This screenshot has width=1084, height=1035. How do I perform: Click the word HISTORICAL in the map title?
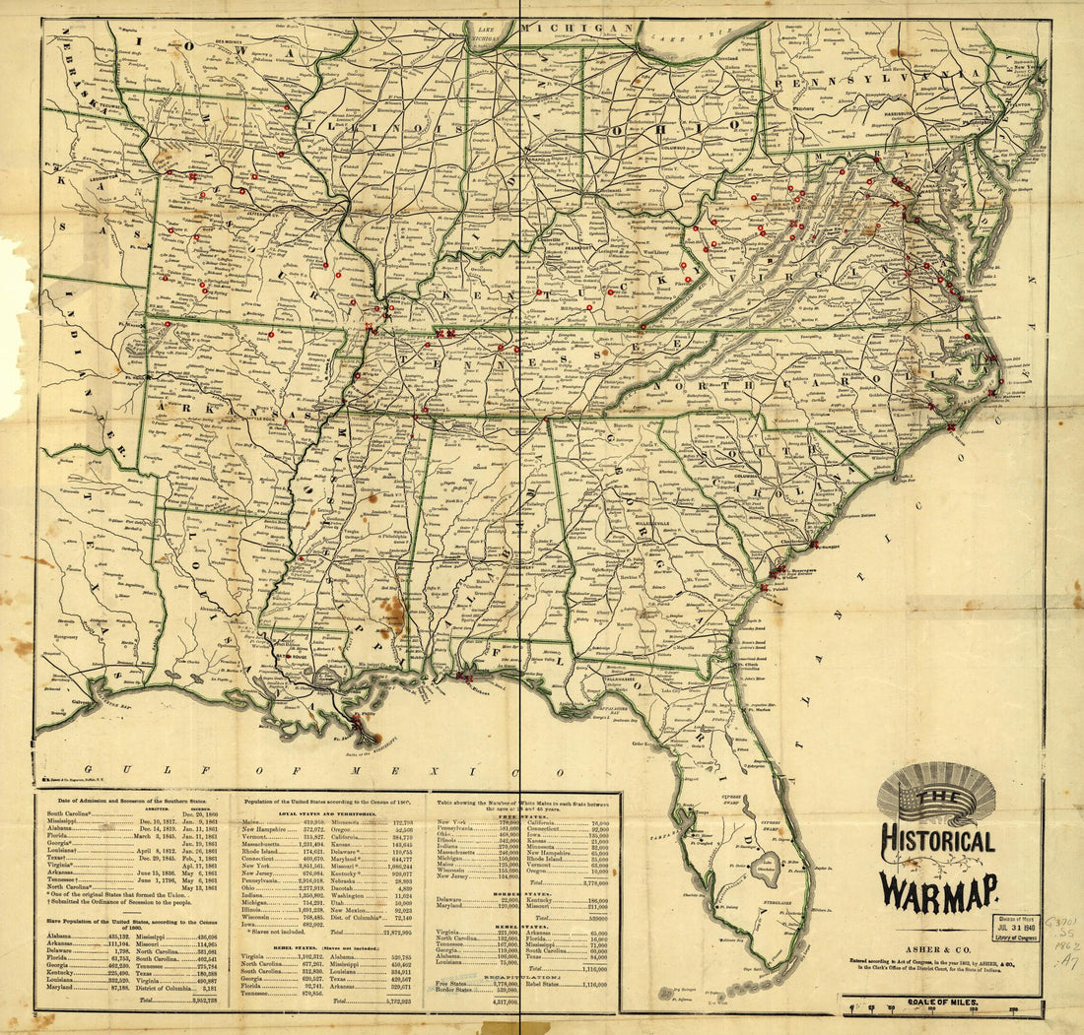pos(937,842)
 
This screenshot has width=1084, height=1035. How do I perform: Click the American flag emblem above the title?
pos(936,794)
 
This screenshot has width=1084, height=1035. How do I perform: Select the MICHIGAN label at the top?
pos(576,29)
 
